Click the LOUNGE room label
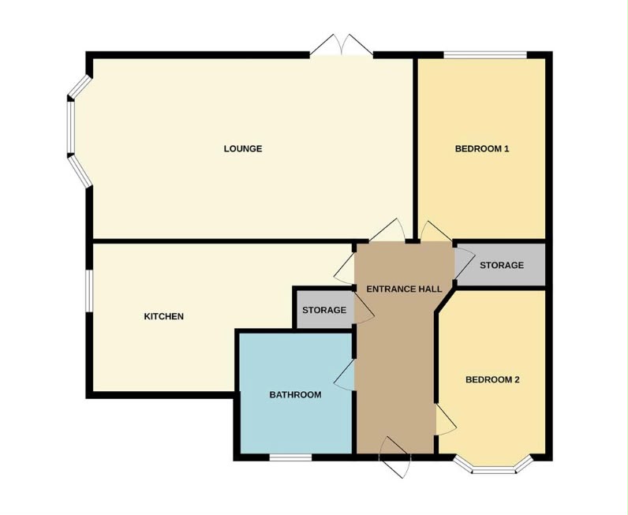[x=243, y=148]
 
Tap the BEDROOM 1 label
[x=482, y=149]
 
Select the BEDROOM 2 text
[x=492, y=379]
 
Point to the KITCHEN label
[x=164, y=316]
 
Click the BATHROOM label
[x=295, y=395]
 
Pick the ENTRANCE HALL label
[x=404, y=289]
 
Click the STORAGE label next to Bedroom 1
[x=502, y=265]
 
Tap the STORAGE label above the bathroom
[x=324, y=310]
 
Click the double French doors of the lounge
[x=342, y=46]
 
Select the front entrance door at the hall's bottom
[x=394, y=457]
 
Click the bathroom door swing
[x=345, y=375]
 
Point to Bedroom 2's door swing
[x=446, y=420]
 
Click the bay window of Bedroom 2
[x=493, y=465]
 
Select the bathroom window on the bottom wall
[x=290, y=457]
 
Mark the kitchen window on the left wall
[x=90, y=290]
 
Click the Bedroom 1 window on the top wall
[x=485, y=55]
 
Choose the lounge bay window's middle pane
[x=71, y=127]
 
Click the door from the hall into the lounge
[x=387, y=230]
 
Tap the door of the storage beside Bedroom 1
[x=464, y=263]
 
